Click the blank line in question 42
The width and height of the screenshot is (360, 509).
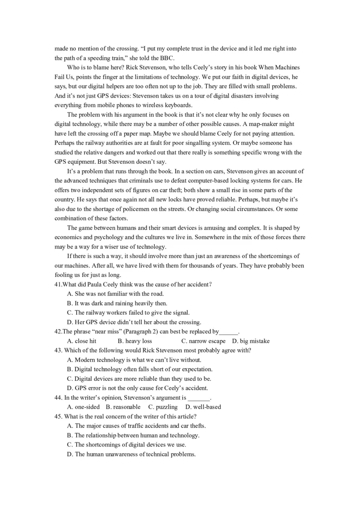228,332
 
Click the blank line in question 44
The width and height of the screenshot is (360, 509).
198,398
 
